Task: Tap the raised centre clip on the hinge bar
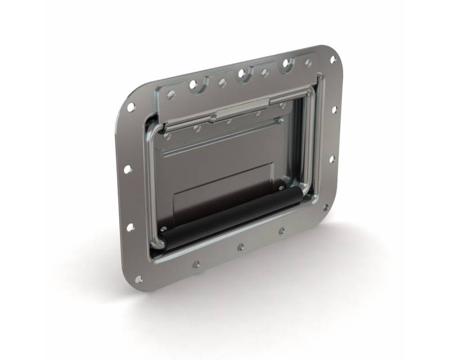tap(242, 105)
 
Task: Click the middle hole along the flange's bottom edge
tap(240, 246)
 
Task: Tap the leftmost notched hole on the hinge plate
tap(192, 84)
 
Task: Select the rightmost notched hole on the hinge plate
tap(286, 63)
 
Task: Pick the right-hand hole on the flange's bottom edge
tap(281, 231)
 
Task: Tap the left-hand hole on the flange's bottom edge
tap(196, 263)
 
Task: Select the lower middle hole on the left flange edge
tap(130, 227)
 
